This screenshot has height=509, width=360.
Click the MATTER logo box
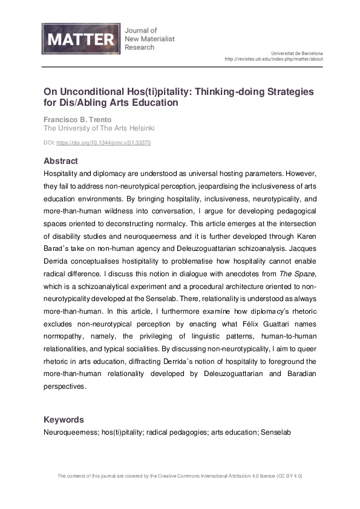pos(79,40)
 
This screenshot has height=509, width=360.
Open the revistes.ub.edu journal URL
pos(273,59)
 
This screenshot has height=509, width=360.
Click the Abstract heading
pos(61,161)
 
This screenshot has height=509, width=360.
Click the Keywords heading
pos(64,420)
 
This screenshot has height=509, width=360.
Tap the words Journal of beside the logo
pos(140,30)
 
